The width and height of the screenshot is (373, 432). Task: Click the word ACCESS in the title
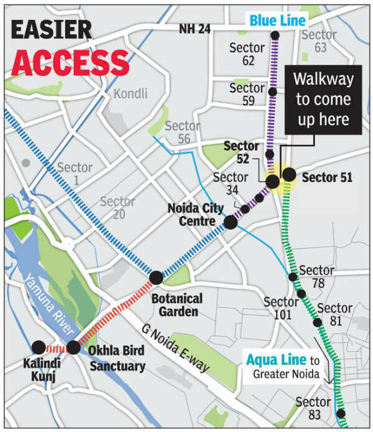tap(70, 62)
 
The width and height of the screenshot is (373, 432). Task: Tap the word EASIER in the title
tap(52, 29)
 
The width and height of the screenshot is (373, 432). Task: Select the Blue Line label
tap(278, 21)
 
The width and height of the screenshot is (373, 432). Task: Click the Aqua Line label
tap(276, 360)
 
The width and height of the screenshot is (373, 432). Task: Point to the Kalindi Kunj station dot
tap(39, 347)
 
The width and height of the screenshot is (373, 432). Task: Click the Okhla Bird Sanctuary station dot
tap(73, 347)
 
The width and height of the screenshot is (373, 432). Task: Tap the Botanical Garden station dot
tap(156, 278)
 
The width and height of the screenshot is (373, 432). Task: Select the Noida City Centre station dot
tap(231, 222)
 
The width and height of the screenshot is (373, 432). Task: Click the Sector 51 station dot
tap(289, 174)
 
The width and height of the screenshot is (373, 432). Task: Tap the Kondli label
tap(131, 93)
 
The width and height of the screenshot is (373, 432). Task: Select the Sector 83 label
tap(314, 408)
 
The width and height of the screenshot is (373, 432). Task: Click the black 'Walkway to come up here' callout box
tap(323, 100)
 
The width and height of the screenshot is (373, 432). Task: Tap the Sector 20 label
tap(117, 209)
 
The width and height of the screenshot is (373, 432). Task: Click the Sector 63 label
tap(321, 40)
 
